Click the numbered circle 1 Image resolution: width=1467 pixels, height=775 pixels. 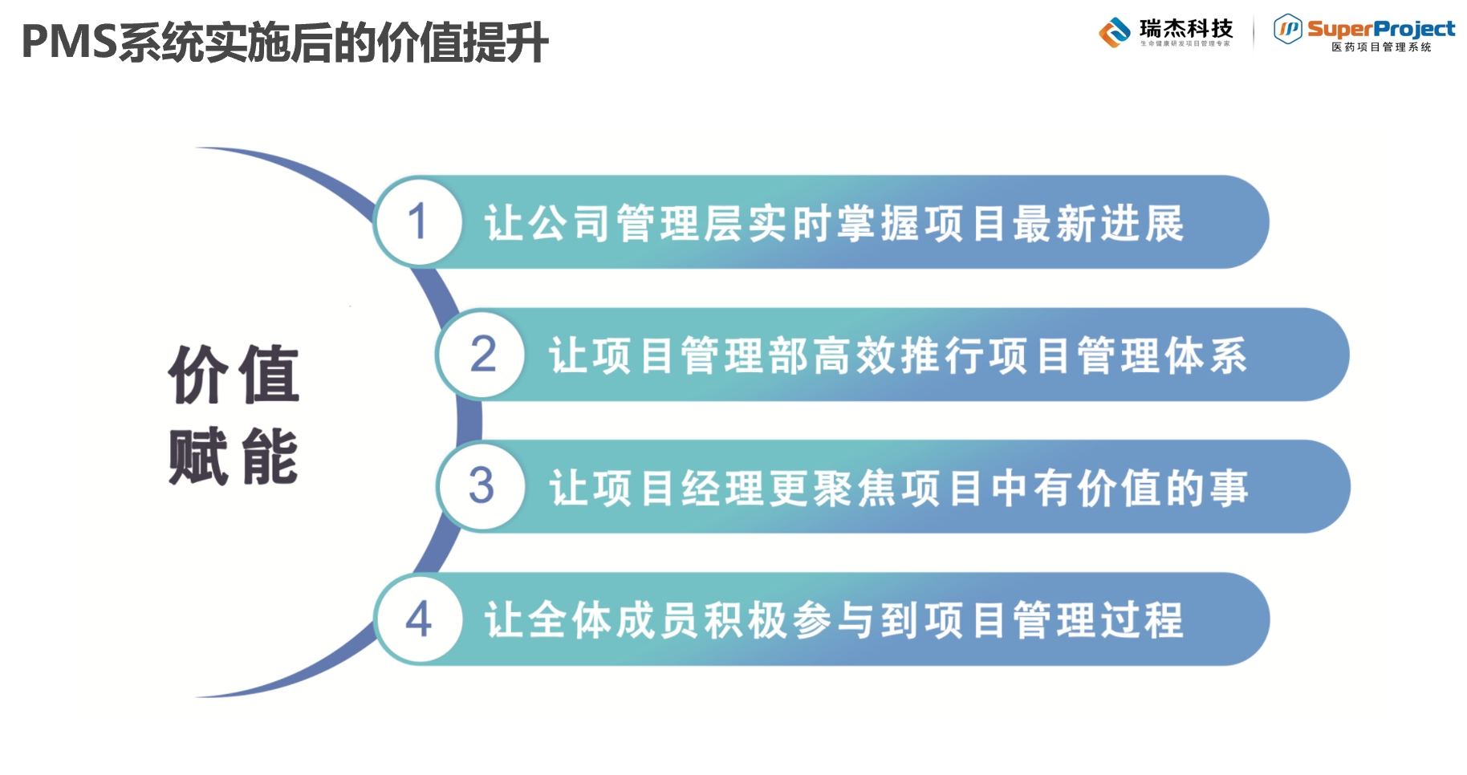417,221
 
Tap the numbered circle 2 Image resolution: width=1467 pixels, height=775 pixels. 482,355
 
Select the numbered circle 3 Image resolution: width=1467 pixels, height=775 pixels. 482,486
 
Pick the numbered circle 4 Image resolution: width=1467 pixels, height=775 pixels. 418,619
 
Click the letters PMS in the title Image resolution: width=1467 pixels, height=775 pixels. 69,42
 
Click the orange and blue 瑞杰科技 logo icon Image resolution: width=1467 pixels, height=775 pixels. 1115,33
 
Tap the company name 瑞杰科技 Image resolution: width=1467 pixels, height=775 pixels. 1186,29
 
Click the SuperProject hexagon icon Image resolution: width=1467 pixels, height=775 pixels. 1287,30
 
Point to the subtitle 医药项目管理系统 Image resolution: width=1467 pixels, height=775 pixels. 1381,47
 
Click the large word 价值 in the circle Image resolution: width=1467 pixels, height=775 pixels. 234,374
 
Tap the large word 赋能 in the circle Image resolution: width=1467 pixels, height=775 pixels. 234,456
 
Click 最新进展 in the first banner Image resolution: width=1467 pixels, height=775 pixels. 1098,223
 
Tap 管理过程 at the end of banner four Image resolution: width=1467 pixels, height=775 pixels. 1098,620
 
